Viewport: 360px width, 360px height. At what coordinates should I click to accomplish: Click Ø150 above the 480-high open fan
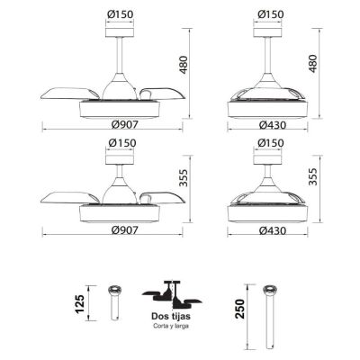pyautogui.click(x=121, y=14)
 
